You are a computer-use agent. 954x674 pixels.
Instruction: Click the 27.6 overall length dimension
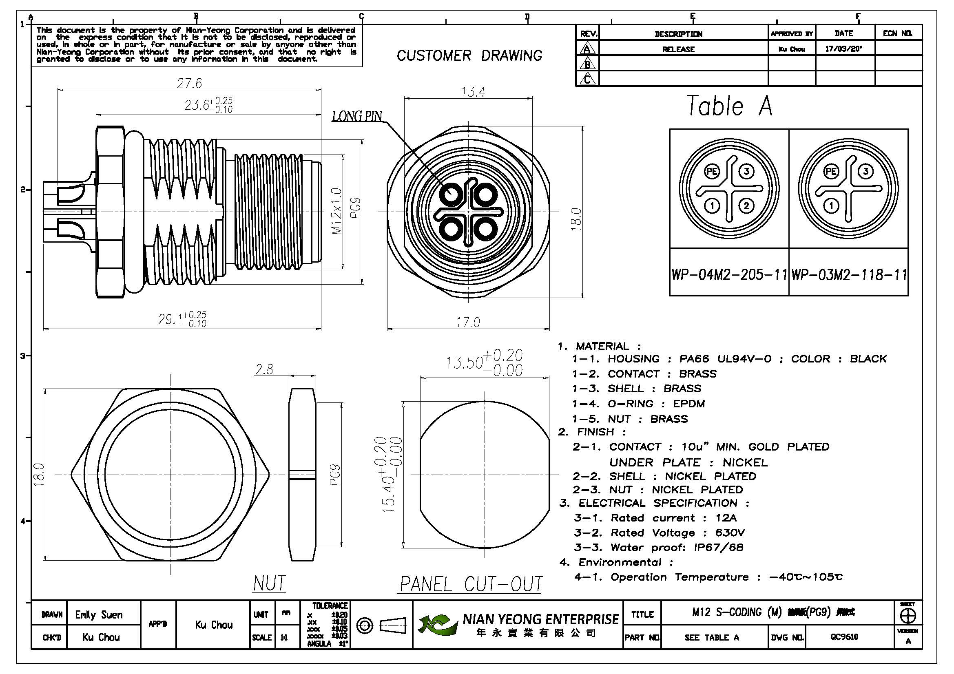click(x=190, y=84)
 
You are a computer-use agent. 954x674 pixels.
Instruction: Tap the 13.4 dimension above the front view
click(x=473, y=92)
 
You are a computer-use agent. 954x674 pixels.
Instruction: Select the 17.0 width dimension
click(x=468, y=322)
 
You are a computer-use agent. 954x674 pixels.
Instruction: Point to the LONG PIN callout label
click(x=357, y=116)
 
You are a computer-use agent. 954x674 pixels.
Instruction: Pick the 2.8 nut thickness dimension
click(x=264, y=369)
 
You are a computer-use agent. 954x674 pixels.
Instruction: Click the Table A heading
click(x=730, y=106)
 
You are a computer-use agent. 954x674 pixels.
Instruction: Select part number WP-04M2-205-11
click(x=729, y=274)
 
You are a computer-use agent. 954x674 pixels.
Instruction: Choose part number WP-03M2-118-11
click(x=849, y=274)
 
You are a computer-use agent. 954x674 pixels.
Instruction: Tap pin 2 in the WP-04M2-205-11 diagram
click(x=747, y=206)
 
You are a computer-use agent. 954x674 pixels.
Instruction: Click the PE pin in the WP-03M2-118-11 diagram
click(x=831, y=172)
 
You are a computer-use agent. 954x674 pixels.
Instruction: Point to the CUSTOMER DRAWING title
click(x=469, y=55)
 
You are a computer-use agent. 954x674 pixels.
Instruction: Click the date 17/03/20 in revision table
click(x=843, y=49)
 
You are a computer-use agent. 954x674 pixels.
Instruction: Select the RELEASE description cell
click(x=678, y=49)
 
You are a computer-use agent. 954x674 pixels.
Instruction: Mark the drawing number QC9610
click(x=845, y=637)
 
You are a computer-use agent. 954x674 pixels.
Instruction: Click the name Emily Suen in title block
click(x=99, y=614)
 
